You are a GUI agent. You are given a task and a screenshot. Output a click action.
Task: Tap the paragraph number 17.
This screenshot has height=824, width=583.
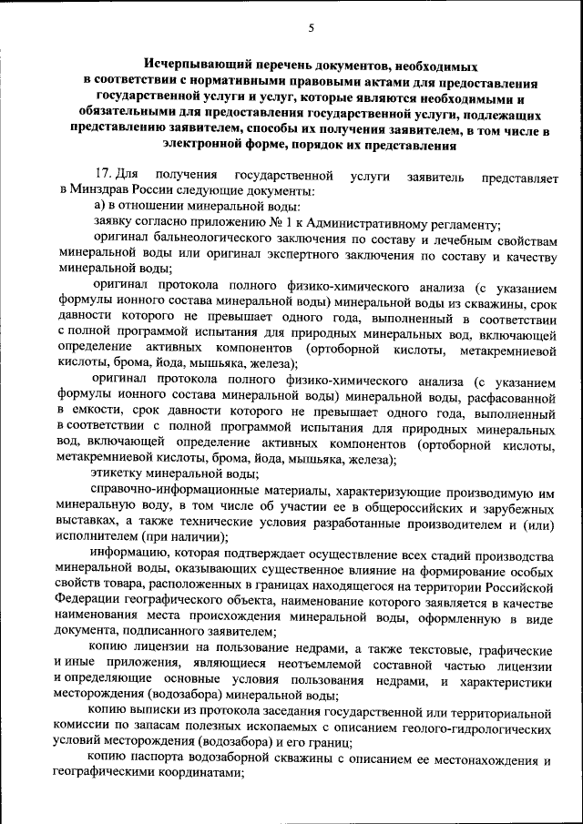tap(103, 174)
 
